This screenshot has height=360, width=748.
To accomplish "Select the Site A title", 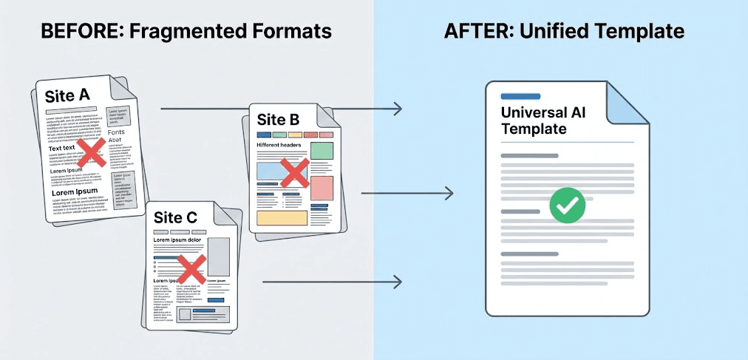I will (67, 96).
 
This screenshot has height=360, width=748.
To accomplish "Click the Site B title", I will (278, 119).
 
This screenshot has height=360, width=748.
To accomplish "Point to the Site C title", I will (175, 217).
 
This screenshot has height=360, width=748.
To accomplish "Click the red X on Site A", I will (91, 154).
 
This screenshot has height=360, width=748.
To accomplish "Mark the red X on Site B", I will (295, 173).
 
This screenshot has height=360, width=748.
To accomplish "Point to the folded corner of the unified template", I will (628, 102).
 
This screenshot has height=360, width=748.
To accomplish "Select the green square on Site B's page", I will (322, 152).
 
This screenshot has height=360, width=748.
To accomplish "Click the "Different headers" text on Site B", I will (280, 146).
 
